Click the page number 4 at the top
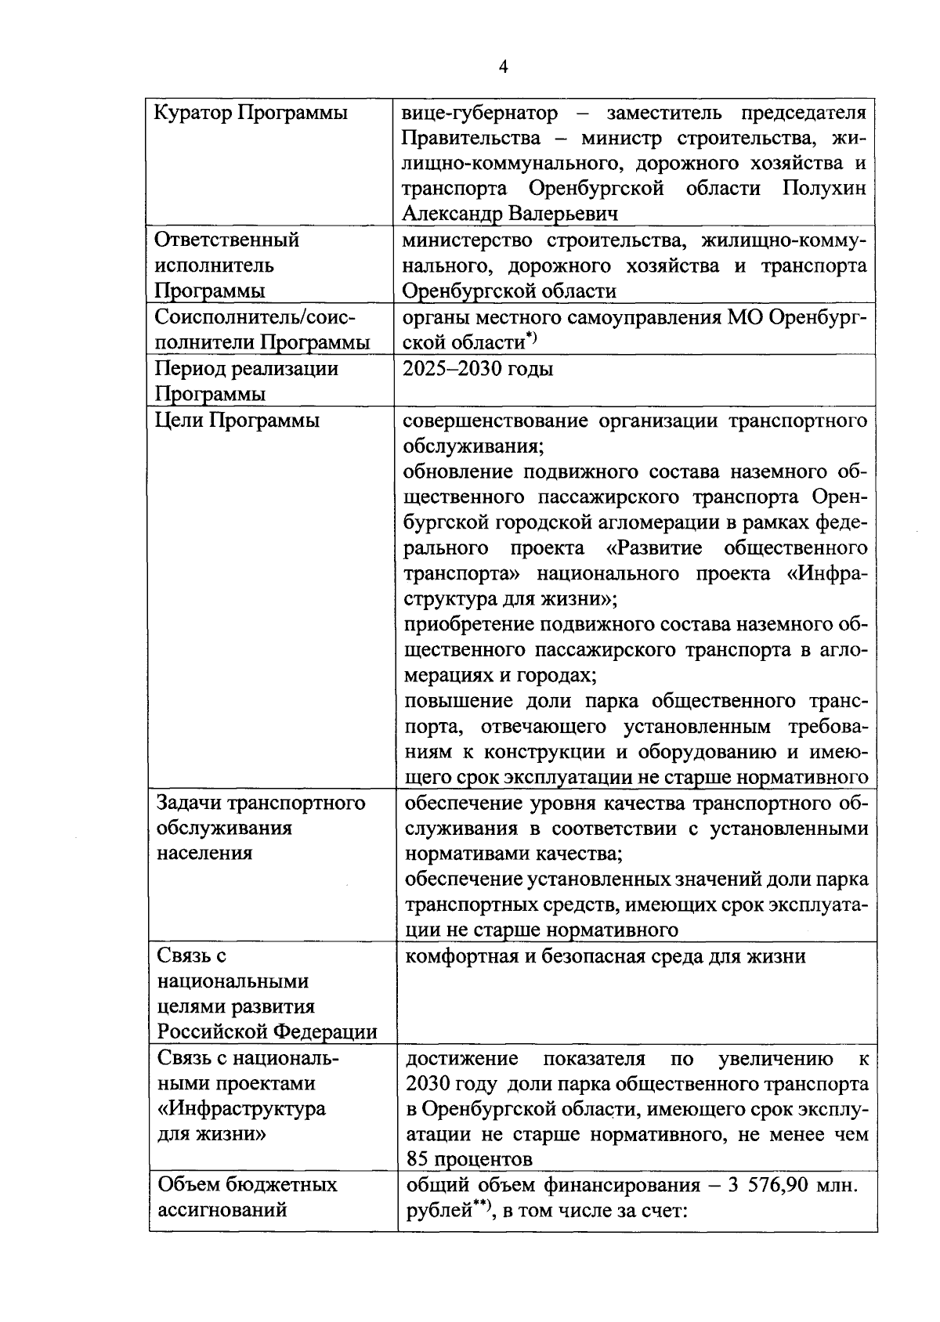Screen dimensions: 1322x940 [503, 67]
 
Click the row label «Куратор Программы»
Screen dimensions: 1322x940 [251, 114]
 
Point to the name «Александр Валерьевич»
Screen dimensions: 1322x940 [510, 214]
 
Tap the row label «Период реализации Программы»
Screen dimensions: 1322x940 [246, 381]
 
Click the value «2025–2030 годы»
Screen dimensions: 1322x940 [478, 369]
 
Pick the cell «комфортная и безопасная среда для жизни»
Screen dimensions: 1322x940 [605, 956]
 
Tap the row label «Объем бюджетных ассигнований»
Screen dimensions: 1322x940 [247, 1197]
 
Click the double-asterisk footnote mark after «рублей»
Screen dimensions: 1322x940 [482, 1205]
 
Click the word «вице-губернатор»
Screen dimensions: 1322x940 [479, 114]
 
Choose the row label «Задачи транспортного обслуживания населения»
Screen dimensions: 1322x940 [261, 828]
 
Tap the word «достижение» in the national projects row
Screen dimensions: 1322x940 [461, 1059]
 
